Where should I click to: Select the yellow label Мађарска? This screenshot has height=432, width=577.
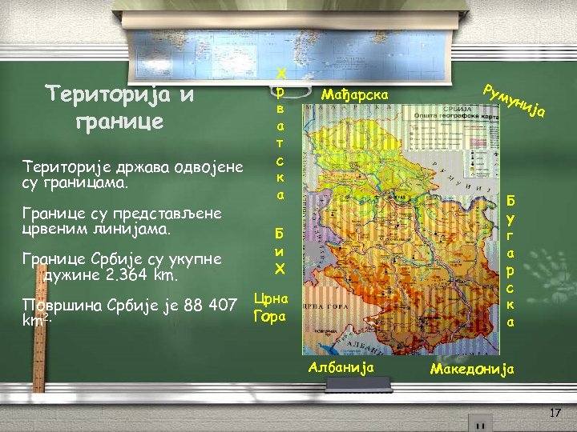coord(353,95)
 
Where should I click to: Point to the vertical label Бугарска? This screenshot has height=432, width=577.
coord(511,259)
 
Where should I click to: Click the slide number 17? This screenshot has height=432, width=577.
coord(554,412)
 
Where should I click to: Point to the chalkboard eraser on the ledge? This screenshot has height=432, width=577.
coord(481,422)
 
